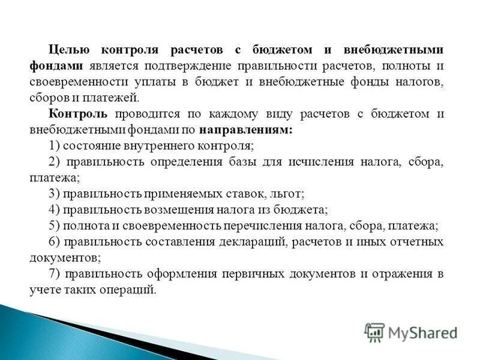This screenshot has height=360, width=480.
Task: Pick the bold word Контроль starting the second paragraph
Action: coord(78,114)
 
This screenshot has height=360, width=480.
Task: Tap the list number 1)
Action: coord(55,146)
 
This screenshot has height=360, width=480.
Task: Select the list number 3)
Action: coord(55,194)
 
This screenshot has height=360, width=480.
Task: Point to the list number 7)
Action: coord(55,274)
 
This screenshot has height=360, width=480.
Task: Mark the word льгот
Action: coord(291,194)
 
